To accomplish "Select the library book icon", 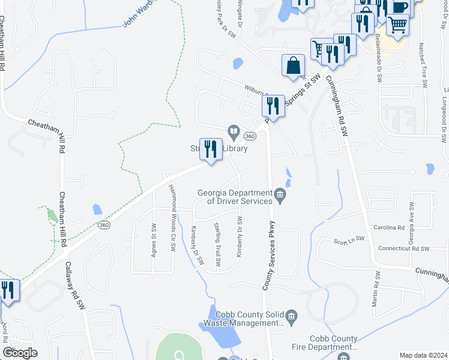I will (233, 131).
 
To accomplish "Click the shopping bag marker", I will (293, 66).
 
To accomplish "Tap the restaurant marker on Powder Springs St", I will (273, 106).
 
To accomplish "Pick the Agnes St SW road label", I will (154, 241).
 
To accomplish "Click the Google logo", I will (20, 353).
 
